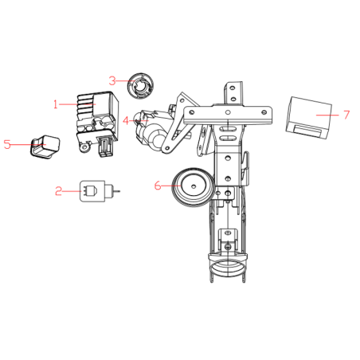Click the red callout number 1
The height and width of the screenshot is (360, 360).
55,104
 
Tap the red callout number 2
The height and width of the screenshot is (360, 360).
58,191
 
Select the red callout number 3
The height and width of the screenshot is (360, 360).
112,80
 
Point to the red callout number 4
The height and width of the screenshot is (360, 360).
126,120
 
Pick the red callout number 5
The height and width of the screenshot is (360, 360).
7,145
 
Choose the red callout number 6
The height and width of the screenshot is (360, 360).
158,186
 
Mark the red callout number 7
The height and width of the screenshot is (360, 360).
346,115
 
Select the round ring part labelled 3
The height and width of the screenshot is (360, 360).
140,86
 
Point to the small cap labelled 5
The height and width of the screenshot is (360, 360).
45,147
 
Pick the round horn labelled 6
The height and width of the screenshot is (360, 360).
193,187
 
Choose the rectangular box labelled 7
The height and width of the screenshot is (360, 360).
309,118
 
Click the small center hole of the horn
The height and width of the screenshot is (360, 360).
194,186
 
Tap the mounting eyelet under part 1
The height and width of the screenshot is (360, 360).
85,147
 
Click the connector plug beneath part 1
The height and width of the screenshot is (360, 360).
106,147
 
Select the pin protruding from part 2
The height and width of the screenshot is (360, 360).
116,190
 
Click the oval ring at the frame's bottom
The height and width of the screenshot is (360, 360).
228,268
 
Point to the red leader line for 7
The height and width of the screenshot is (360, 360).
327,115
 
